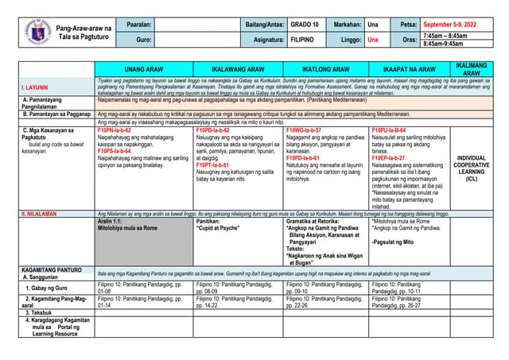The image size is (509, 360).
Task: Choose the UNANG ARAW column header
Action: [143, 69]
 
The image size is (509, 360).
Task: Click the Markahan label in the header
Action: [348, 24]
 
